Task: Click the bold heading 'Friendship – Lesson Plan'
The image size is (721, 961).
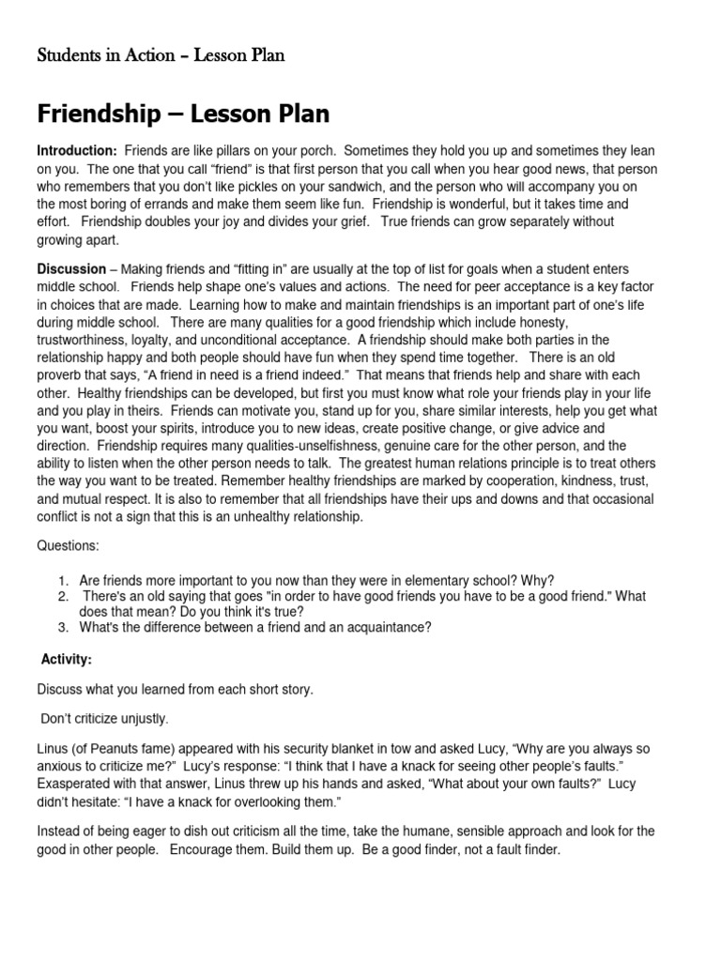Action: coord(183,114)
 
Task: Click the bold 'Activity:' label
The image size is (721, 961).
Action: coord(66,660)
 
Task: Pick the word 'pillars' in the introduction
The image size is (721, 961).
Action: coord(238,151)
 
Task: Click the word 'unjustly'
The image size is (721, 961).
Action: coord(140,720)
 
